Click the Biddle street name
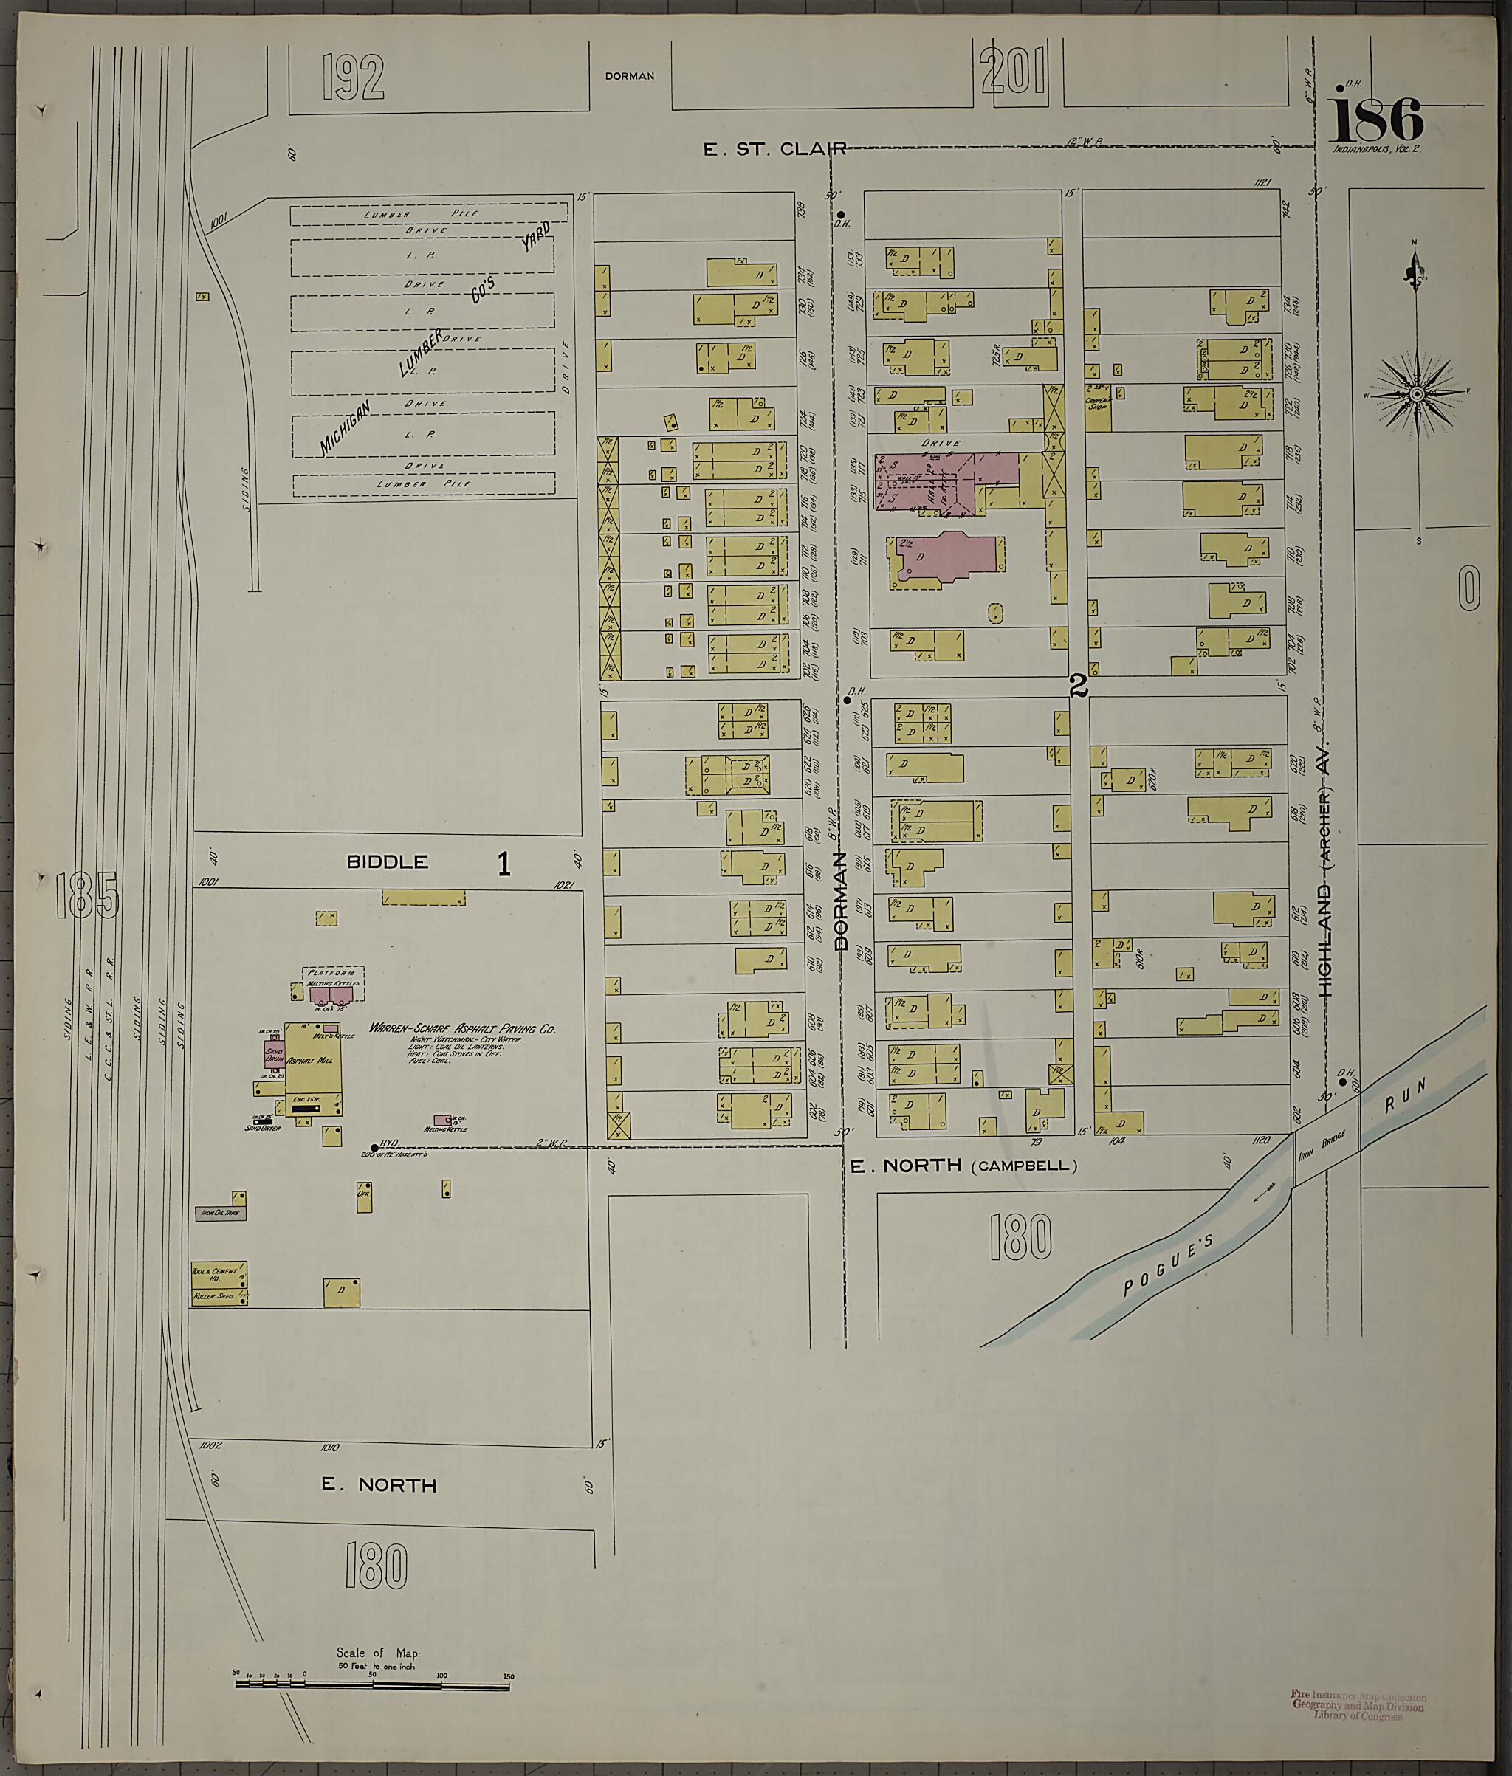point(387,861)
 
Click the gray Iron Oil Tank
point(220,1213)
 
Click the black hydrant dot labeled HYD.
point(374,1147)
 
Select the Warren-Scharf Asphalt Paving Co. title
point(462,1028)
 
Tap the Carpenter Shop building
point(1098,403)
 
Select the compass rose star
point(1417,393)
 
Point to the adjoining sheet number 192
point(353,78)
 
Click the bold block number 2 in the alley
point(1079,685)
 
